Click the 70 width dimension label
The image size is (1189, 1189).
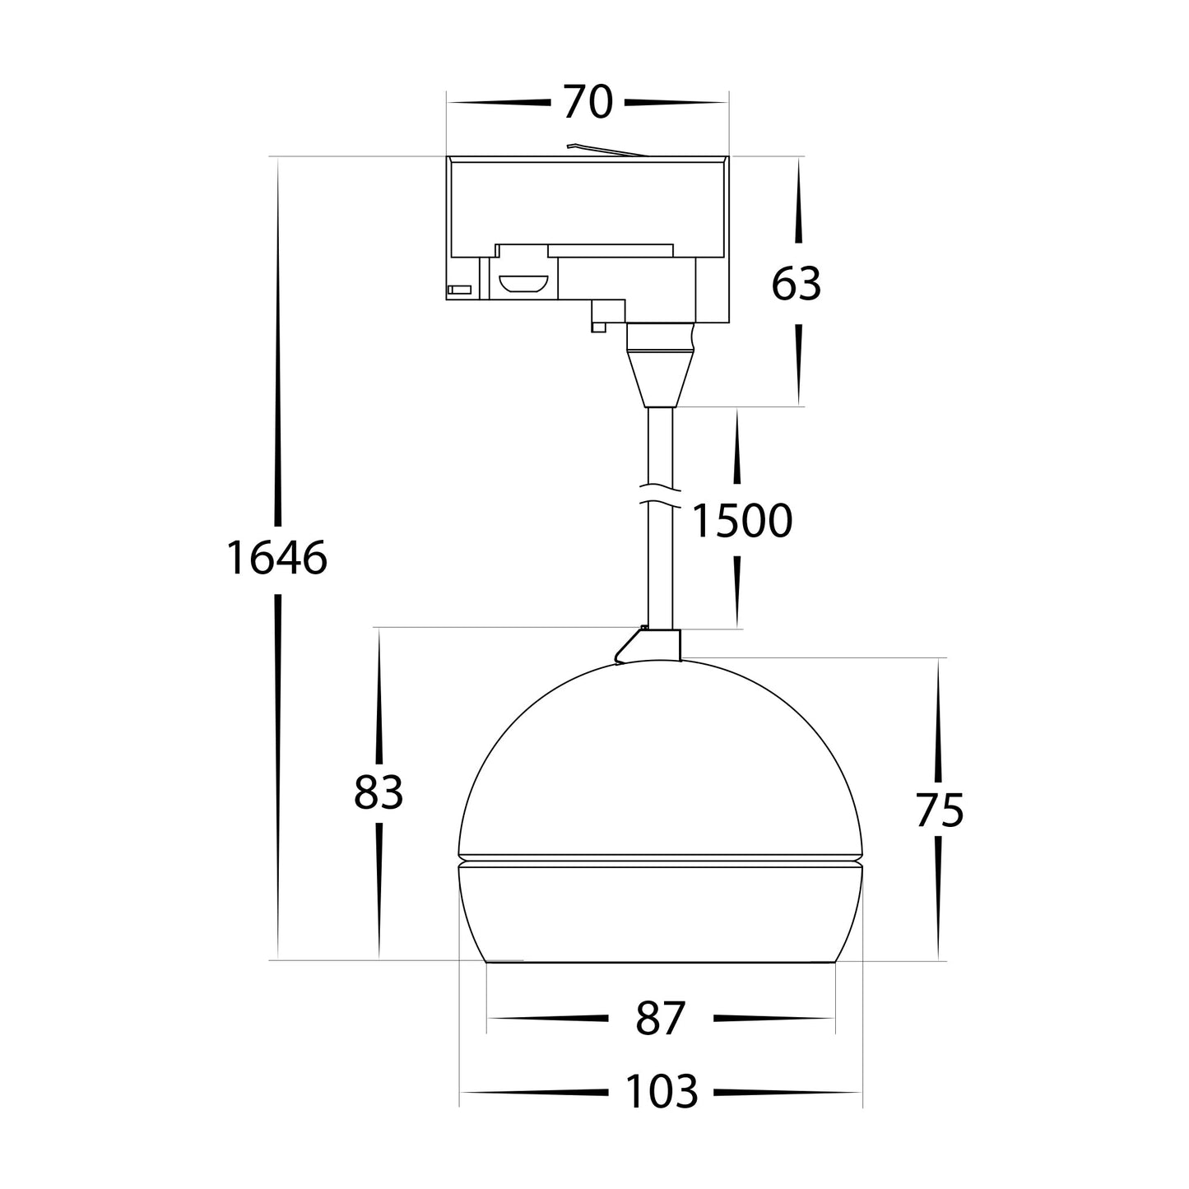pyautogui.click(x=588, y=103)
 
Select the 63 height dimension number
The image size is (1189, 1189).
pyautogui.click(x=796, y=285)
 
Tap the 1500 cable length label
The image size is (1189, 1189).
pyautogui.click(x=741, y=521)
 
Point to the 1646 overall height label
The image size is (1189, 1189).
pyautogui.click(x=276, y=559)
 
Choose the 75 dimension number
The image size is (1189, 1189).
pyautogui.click(x=939, y=811)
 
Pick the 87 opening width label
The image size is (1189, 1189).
pyautogui.click(x=660, y=1019)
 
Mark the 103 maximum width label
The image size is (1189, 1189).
pyautogui.click(x=661, y=1093)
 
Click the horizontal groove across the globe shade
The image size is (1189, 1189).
pyautogui.click(x=660, y=861)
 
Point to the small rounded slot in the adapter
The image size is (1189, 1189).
pyautogui.click(x=523, y=284)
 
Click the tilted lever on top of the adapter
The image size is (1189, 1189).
pyautogui.click(x=605, y=150)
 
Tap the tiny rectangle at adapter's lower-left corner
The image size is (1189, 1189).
pyautogui.click(x=458, y=289)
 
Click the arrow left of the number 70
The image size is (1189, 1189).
pyautogui.click(x=499, y=103)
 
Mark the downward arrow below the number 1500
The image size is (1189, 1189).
pyautogui.click(x=736, y=591)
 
